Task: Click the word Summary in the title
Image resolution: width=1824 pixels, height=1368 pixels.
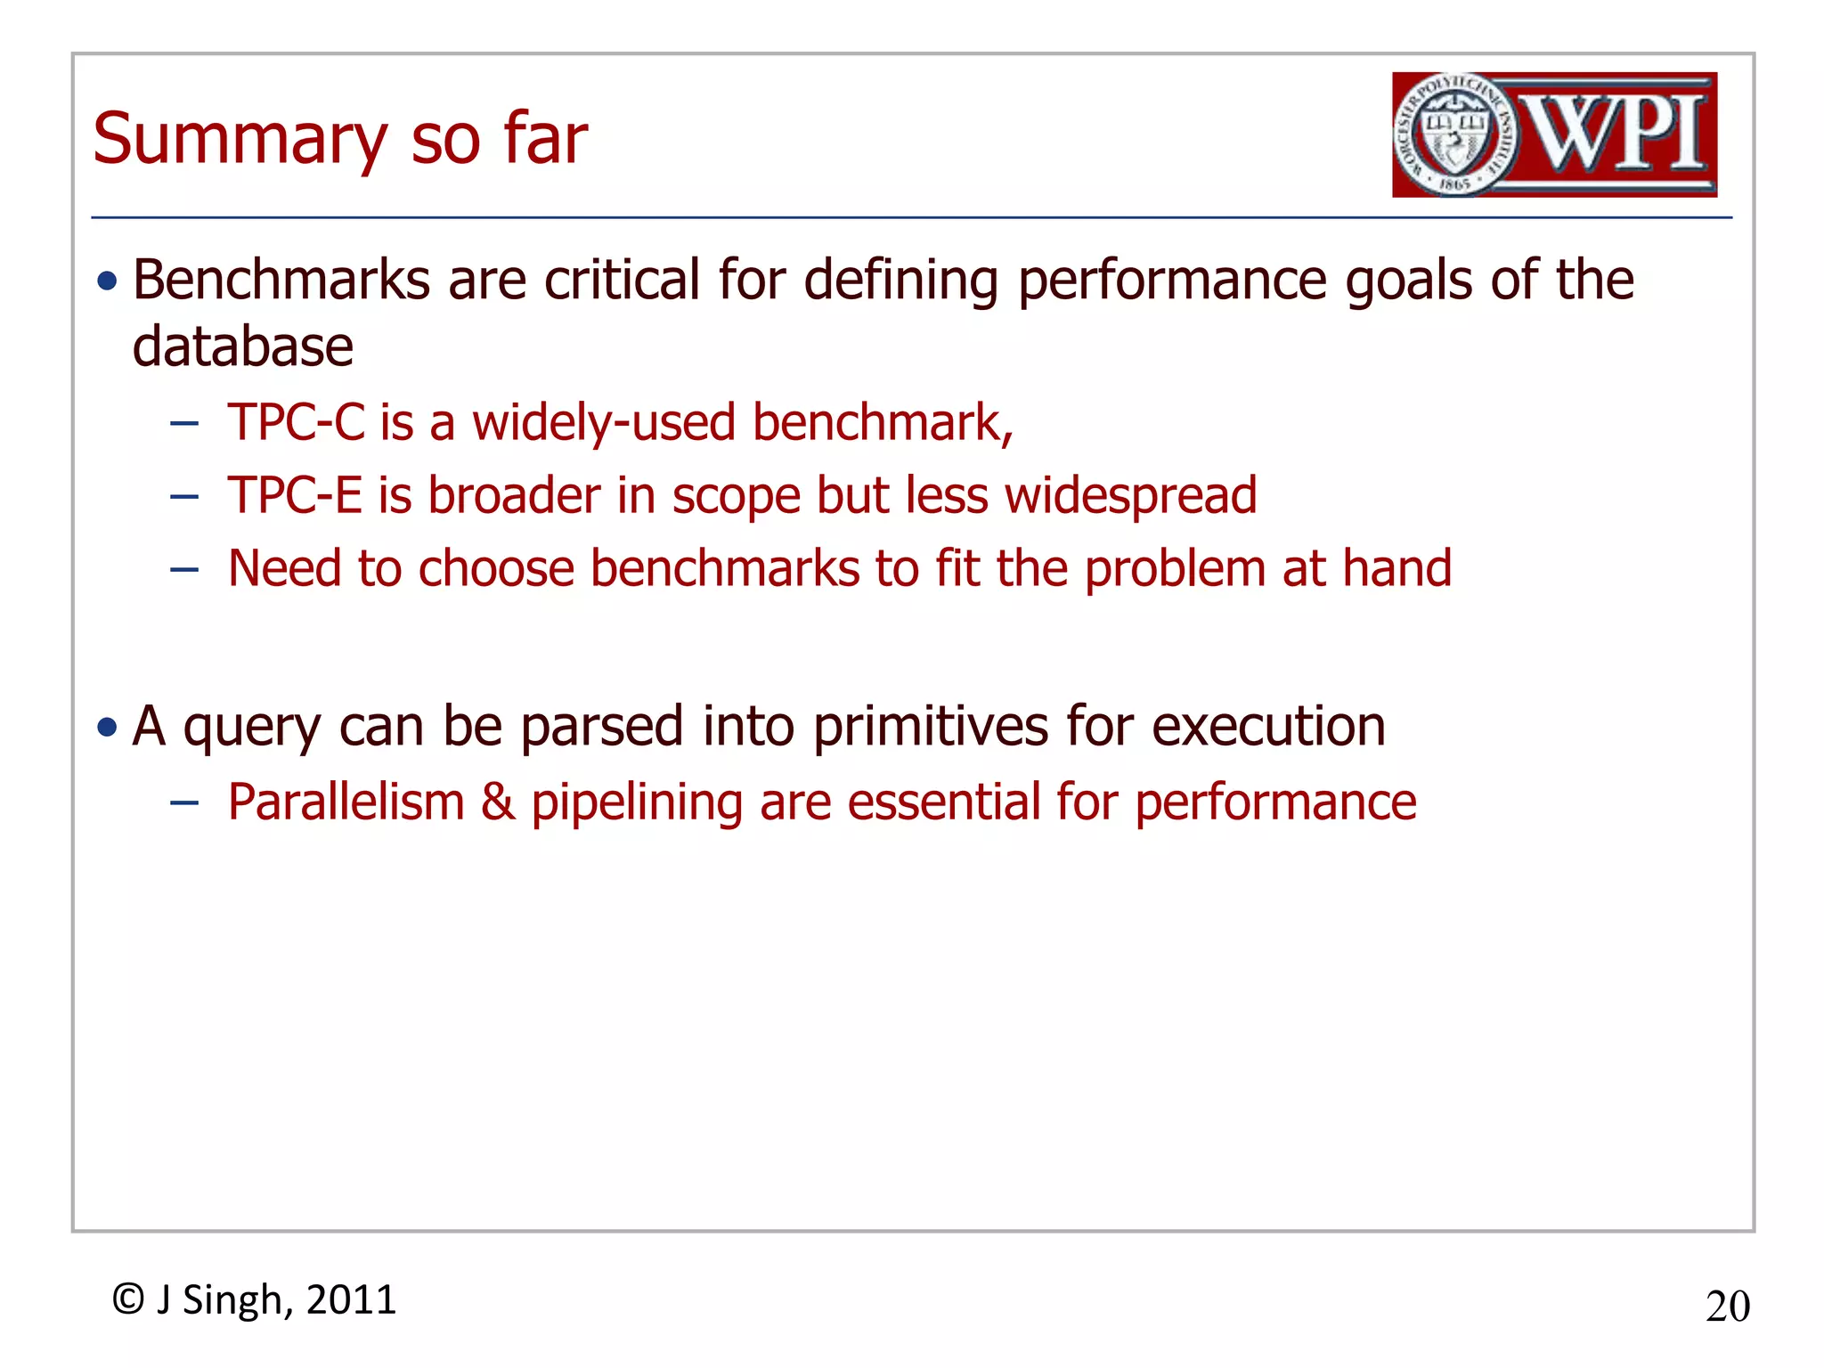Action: tap(239, 140)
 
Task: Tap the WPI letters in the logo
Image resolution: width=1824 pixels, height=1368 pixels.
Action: tap(1616, 134)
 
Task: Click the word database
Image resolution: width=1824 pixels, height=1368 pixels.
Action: tap(242, 346)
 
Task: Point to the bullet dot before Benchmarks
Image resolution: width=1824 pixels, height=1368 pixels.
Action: tap(108, 282)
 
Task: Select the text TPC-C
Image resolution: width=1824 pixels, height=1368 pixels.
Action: tap(296, 421)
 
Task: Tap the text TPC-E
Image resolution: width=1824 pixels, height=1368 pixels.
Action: tap(295, 495)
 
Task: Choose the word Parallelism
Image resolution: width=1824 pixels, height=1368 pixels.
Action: tap(346, 802)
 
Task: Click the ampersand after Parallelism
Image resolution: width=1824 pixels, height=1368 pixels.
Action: tap(498, 802)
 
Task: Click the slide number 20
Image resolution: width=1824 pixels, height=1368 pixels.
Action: tap(1727, 1307)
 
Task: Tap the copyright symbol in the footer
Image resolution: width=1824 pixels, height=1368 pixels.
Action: tap(128, 1299)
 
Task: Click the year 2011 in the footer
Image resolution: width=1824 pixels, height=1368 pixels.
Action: tap(351, 1299)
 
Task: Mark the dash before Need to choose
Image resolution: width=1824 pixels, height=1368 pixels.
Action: tap(183, 570)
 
